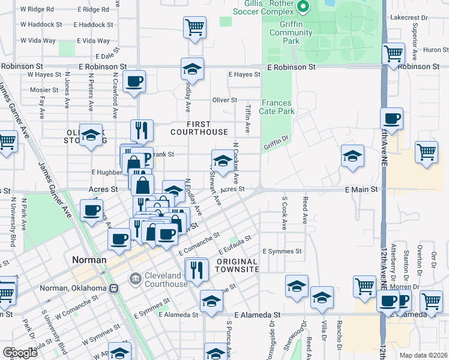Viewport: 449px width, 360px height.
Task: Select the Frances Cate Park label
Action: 277,107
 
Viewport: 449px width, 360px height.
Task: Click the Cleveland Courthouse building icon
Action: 136,278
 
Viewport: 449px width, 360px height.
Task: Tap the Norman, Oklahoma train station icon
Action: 113,288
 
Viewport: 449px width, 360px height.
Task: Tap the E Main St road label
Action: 364,189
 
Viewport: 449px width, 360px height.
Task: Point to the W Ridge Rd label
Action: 37,10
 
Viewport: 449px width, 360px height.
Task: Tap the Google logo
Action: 20,353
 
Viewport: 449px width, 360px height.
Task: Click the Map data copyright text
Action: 423,355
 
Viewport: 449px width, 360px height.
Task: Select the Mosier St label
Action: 40,89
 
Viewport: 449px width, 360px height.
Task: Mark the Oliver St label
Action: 225,100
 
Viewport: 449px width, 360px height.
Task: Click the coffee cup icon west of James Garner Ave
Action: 91,210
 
